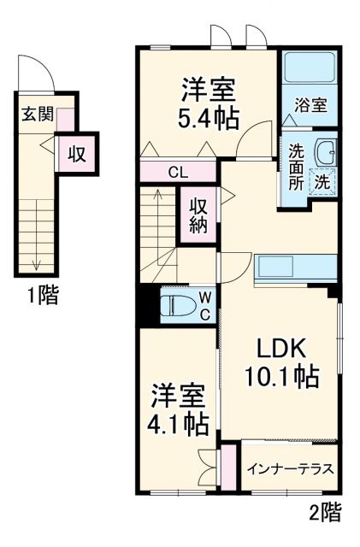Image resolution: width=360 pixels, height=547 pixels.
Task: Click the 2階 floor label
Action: pos(324,512)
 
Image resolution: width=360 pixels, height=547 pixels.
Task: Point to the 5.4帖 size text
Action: pos(209,116)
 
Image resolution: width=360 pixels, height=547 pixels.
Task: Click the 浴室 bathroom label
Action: pos(311,106)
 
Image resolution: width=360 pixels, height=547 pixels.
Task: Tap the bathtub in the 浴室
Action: pos(311,67)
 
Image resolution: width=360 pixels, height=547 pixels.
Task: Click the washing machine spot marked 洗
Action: pos(324,181)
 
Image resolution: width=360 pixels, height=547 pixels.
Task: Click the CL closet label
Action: pos(178,173)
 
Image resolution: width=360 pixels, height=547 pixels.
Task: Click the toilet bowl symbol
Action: pos(177,305)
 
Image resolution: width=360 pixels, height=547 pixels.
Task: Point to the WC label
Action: pos(205,305)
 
